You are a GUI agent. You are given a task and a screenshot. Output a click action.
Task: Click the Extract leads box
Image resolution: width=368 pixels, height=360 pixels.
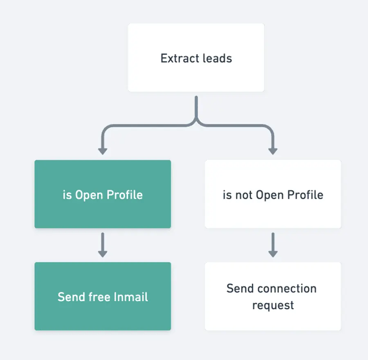pyautogui.click(x=196, y=57)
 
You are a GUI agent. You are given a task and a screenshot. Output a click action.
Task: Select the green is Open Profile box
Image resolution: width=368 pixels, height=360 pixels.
pyautogui.click(x=103, y=194)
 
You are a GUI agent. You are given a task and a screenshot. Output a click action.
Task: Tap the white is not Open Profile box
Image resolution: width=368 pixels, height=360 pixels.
pyautogui.click(x=273, y=194)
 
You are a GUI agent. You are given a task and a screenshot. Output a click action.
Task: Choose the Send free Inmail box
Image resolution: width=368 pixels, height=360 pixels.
pyautogui.click(x=103, y=296)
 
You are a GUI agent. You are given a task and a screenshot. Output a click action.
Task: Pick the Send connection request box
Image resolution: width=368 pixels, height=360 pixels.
pyautogui.click(x=273, y=296)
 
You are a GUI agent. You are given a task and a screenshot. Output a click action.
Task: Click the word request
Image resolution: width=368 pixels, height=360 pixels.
pyautogui.click(x=273, y=306)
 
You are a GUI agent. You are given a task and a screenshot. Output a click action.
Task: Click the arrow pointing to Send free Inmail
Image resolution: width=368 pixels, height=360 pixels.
pyautogui.click(x=103, y=245)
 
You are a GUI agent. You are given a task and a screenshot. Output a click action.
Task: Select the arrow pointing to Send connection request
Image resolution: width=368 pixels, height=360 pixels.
pyautogui.click(x=273, y=245)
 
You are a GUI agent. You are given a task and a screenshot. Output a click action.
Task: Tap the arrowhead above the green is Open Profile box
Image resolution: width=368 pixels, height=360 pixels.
pyautogui.click(x=103, y=151)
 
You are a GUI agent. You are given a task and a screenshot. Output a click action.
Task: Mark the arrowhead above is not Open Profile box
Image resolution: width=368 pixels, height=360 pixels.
pyautogui.click(x=273, y=151)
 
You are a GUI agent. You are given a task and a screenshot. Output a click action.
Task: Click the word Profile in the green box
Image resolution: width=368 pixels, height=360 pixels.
pyautogui.click(x=124, y=195)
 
